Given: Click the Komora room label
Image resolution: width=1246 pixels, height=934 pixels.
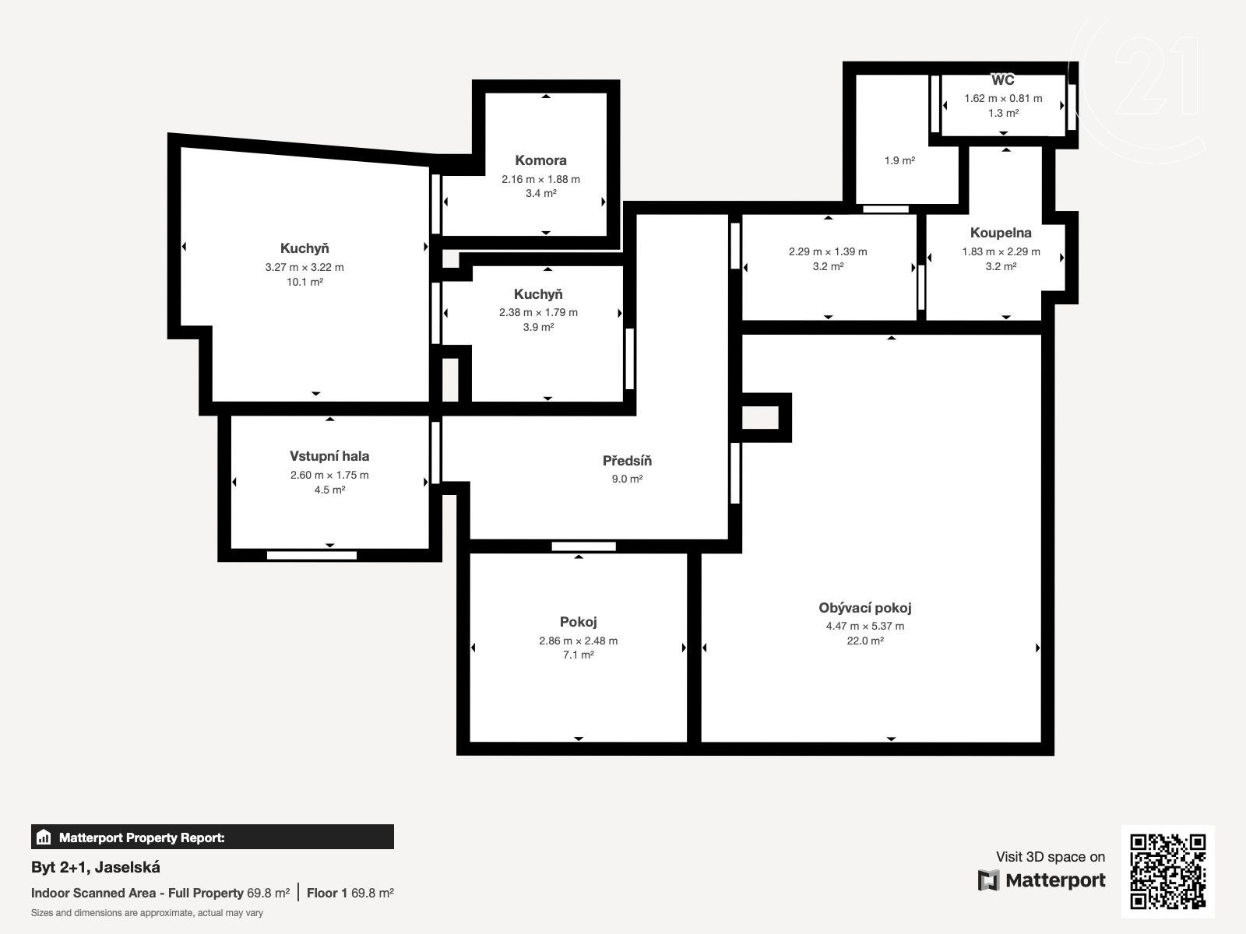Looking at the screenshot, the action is [540, 160].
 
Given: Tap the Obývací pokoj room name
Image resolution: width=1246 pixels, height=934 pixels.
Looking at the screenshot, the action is [864, 608].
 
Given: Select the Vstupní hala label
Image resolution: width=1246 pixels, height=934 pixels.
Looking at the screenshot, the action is [329, 456].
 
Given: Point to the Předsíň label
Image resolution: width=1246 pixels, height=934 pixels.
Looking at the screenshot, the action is [627, 461].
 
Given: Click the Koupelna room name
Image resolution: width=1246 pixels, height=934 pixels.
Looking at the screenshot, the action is [1000, 233].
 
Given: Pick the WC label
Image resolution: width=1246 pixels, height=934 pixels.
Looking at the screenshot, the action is [1002, 80].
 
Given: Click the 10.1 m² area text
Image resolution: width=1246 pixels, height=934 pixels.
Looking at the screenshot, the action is [304, 282].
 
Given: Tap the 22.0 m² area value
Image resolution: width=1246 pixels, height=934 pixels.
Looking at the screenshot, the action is [865, 641].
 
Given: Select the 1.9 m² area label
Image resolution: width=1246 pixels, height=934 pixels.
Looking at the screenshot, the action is [899, 160].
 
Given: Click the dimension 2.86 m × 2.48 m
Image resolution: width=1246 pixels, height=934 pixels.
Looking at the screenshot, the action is [578, 641].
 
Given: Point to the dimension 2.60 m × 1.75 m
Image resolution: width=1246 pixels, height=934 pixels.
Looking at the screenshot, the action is [329, 476].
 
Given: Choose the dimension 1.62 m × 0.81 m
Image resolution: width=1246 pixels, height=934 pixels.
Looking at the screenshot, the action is [1003, 98].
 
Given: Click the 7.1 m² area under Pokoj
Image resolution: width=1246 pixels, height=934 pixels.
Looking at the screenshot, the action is [578, 655].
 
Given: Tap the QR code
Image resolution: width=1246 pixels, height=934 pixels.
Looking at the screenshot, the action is [1167, 872].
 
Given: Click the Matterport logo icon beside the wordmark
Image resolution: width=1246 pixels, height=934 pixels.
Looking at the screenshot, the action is [988, 880].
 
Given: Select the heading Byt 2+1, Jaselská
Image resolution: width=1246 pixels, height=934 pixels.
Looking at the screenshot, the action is [95, 867].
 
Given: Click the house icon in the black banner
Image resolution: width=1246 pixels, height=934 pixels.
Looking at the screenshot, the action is [44, 837].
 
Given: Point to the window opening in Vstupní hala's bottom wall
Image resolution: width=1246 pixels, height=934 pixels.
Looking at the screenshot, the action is [311, 555].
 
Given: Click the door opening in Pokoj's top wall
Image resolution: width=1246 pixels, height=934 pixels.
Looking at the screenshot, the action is [583, 546].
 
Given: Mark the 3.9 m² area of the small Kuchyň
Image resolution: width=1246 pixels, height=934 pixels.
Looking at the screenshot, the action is [538, 327].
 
